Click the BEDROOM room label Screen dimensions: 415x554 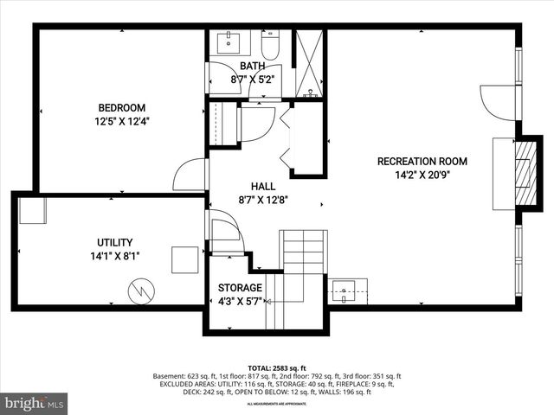pyautogui.click(x=121, y=108)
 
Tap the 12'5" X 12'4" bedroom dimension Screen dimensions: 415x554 pyautogui.click(x=121, y=122)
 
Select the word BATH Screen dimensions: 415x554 pyautogui.click(x=252, y=67)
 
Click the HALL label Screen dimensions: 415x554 pyautogui.click(x=263, y=187)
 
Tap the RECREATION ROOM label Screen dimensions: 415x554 pyautogui.click(x=422, y=162)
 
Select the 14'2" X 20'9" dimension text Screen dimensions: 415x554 pyautogui.click(x=422, y=175)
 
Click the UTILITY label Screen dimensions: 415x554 pyautogui.click(x=114, y=243)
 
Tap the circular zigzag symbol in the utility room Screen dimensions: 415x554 pyautogui.click(x=139, y=290)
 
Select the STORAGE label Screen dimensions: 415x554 pyautogui.click(x=240, y=288)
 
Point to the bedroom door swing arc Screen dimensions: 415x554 pyautogui.click(x=189, y=176)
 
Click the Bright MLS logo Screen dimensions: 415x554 pyautogui.click(x=35, y=403)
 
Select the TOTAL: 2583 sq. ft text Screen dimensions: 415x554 pyautogui.click(x=276, y=367)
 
